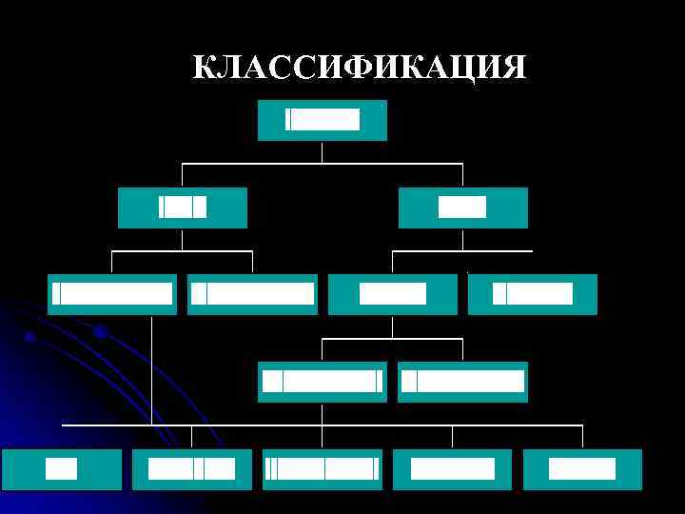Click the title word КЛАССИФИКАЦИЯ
coord(359,68)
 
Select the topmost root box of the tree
coord(323,120)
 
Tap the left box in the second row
coord(182,208)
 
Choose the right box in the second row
coord(462,208)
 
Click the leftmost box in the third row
coord(112,294)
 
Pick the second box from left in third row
coord(252,294)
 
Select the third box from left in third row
coord(392,294)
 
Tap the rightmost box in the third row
coord(532,294)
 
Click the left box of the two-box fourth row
coord(323,382)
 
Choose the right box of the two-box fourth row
coord(462,382)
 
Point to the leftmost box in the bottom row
coord(62,469)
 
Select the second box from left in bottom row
coord(192,469)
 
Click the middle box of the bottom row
coord(323,469)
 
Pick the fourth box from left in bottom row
coord(452,469)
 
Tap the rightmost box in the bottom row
coord(582,469)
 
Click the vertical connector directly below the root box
coord(323,152)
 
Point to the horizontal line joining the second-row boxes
coord(323,164)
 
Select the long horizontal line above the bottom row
coord(323,425)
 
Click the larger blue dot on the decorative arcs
coord(100,331)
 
